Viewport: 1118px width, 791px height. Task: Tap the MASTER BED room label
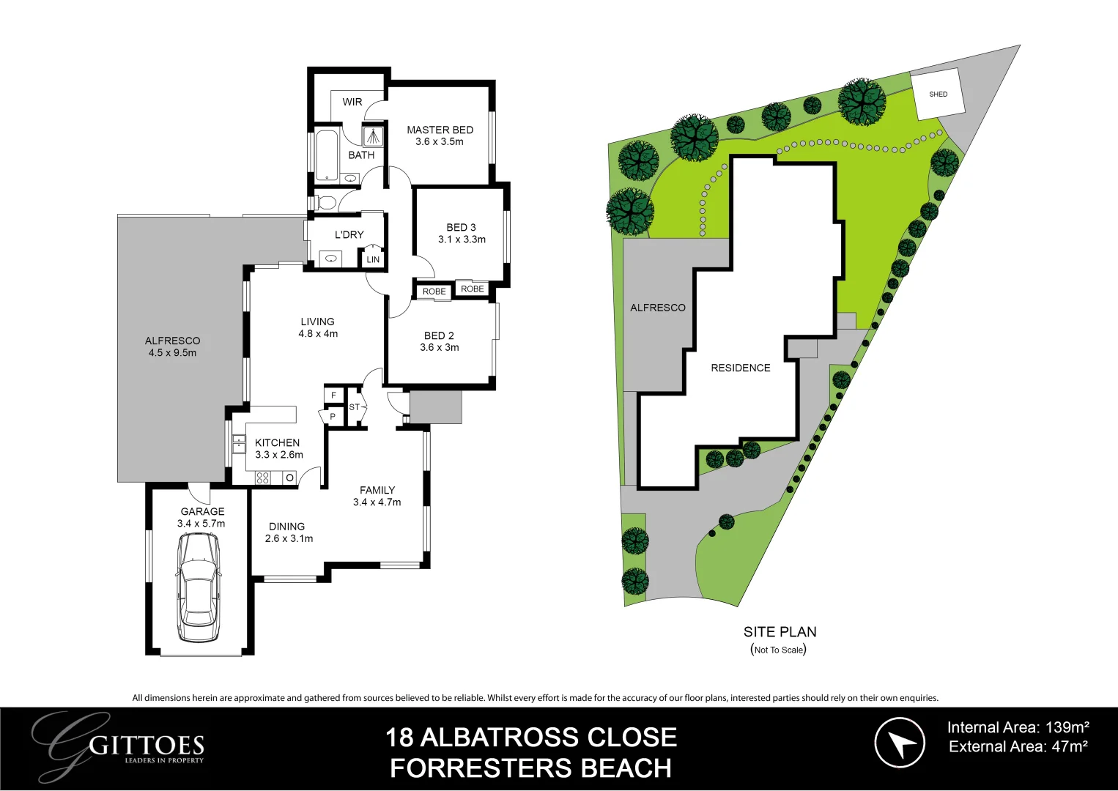coord(440,130)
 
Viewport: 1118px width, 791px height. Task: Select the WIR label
coord(352,102)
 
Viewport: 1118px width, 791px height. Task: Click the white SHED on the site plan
coord(938,94)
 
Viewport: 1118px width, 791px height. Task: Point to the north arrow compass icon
coord(900,742)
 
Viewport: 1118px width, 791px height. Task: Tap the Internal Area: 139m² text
coord(1018,727)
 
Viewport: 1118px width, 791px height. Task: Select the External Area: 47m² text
coord(1018,747)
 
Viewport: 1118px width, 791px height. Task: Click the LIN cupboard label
coord(373,259)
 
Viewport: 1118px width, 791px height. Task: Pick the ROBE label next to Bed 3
coord(473,289)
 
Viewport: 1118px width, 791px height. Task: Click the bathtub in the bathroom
coord(326,155)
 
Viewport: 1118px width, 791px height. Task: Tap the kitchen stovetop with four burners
coord(263,478)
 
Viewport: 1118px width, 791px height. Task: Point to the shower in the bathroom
coord(374,136)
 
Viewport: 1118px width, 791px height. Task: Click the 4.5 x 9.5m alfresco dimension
coord(172,353)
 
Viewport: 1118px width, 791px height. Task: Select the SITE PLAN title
coord(780,632)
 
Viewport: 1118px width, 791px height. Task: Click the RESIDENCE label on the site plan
coord(740,368)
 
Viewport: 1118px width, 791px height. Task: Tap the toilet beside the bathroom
coord(325,202)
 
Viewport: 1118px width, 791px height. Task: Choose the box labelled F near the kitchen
coord(333,395)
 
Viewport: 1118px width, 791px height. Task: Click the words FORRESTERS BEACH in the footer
coord(530,768)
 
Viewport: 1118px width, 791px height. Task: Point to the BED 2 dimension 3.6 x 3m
coord(439,348)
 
